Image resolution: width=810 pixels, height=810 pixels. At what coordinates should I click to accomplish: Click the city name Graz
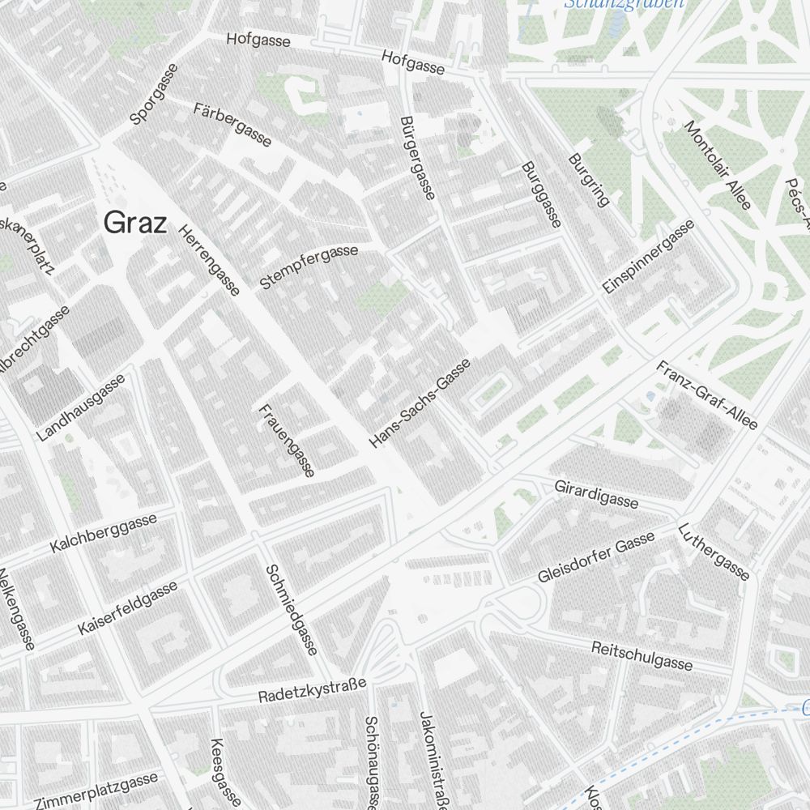pos(134,223)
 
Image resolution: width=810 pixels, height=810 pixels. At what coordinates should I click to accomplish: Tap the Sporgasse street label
pos(153,95)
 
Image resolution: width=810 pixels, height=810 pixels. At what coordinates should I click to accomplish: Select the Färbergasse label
pos(232,124)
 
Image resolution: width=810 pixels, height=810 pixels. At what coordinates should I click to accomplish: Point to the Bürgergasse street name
pos(418,157)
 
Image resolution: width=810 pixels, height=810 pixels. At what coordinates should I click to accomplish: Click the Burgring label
pos(589,180)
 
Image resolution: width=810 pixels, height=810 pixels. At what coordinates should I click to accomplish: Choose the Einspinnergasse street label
pos(649,257)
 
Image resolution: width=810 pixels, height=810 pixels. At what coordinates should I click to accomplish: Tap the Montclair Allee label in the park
pos(718,165)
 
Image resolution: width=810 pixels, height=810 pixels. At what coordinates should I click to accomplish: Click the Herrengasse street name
pos(209,259)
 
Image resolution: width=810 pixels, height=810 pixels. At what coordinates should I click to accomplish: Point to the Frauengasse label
pos(286,440)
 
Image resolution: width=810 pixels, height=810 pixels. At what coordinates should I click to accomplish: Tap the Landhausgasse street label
pos(81,407)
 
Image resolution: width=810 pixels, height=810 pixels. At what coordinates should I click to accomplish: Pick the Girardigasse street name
pos(596,493)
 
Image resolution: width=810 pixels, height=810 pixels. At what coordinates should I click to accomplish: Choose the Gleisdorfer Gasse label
pos(596,558)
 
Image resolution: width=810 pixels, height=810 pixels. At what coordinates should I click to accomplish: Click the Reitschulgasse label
pos(642,656)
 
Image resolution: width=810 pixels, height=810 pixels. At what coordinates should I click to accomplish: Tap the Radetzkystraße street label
pos(313,691)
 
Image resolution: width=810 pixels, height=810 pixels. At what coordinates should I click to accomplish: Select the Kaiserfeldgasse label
pos(128,607)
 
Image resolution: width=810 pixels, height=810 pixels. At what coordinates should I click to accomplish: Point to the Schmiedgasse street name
pos(291,610)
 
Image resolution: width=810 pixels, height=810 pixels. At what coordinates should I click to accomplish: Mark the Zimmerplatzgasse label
pos(97,791)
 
